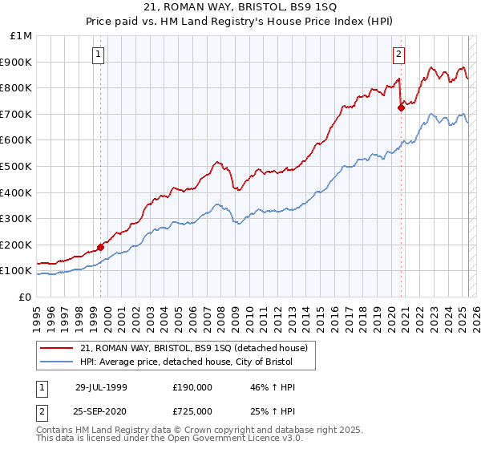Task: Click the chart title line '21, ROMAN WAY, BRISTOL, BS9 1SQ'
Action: [240, 7]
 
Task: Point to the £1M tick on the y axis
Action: [21, 36]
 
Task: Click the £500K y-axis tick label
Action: [17, 166]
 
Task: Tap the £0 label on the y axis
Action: [24, 297]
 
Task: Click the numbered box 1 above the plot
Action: [98, 55]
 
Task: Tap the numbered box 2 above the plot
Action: [398, 55]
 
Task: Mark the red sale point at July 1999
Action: [101, 247]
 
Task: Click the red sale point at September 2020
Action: [401, 107]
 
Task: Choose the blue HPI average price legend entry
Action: [198, 362]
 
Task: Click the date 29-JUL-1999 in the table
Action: [101, 387]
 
